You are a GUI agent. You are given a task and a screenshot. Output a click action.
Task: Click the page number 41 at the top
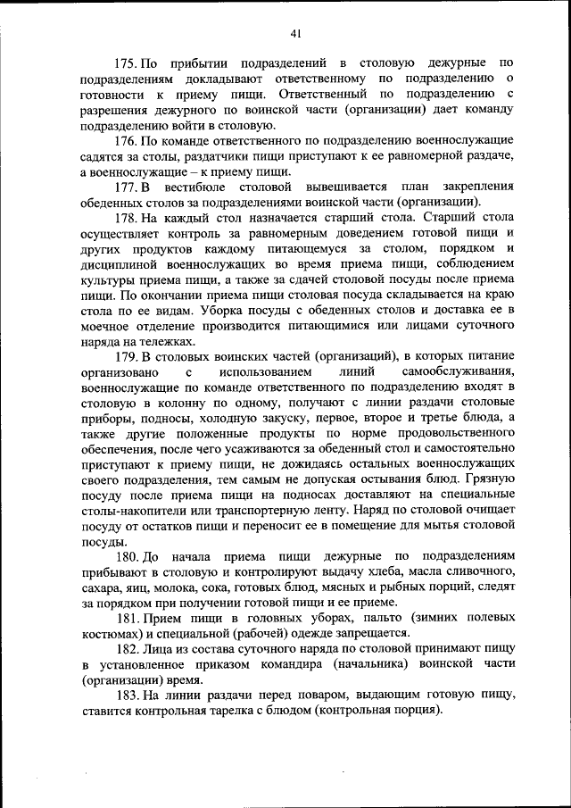(x=297, y=33)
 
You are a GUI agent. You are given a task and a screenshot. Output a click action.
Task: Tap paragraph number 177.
(x=128, y=187)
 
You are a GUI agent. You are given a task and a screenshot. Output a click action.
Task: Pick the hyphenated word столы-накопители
(x=131, y=510)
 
